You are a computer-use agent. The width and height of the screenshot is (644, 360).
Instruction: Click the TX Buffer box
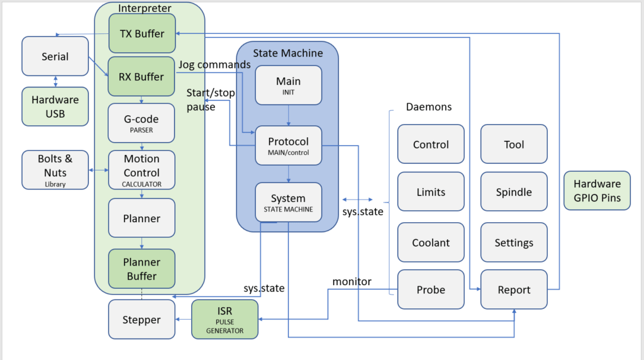point(142,34)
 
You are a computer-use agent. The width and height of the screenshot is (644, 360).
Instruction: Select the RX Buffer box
point(142,77)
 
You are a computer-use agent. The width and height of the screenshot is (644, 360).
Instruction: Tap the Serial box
point(55,57)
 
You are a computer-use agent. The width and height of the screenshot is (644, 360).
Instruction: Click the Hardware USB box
point(55,106)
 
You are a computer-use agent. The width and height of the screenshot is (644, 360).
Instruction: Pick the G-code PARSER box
point(142,123)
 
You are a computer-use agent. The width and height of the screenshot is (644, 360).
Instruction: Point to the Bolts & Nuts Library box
point(55,170)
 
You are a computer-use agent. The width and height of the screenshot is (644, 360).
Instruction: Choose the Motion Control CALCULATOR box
point(142,170)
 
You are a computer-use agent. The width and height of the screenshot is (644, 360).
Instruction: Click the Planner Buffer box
point(142,269)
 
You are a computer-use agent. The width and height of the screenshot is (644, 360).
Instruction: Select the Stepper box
point(142,320)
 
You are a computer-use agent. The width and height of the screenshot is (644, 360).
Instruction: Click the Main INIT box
point(288,85)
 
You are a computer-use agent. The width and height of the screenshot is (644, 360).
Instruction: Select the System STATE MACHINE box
point(288,202)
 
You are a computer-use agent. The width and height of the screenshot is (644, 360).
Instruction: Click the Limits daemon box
point(431,193)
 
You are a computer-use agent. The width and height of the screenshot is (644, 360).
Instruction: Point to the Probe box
point(431,290)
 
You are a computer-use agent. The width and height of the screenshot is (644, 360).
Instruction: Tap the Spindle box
point(514,193)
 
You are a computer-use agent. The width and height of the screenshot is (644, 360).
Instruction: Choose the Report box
point(514,290)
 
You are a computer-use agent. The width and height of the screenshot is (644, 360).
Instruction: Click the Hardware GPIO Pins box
point(597,190)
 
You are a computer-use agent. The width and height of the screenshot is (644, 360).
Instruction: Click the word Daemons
point(429,107)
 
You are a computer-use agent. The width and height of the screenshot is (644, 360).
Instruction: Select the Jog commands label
point(214,64)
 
